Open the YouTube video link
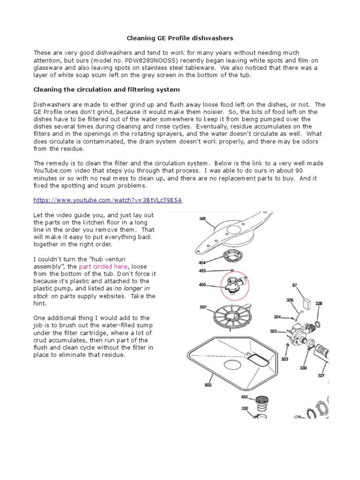point(107,200)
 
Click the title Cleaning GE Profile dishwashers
point(180,37)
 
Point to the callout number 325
point(274,331)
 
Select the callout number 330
point(303,368)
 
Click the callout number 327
point(321,375)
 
